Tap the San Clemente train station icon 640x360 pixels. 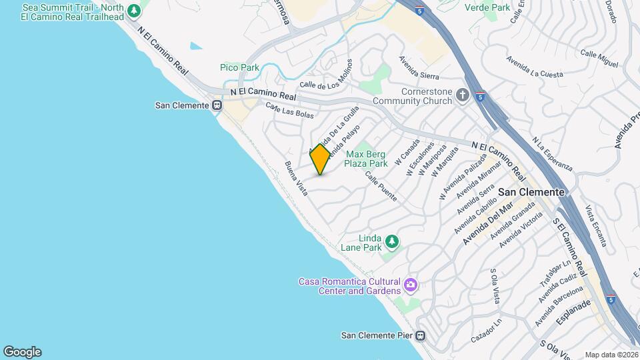(217, 105)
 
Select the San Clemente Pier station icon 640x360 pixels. (421, 335)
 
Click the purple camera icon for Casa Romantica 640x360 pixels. (411, 285)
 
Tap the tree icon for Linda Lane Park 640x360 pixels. (392, 241)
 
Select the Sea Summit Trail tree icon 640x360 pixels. (135, 11)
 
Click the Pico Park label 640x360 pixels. (239, 67)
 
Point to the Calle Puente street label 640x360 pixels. (381, 186)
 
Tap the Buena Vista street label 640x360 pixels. (297, 178)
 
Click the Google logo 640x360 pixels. (22, 352)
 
